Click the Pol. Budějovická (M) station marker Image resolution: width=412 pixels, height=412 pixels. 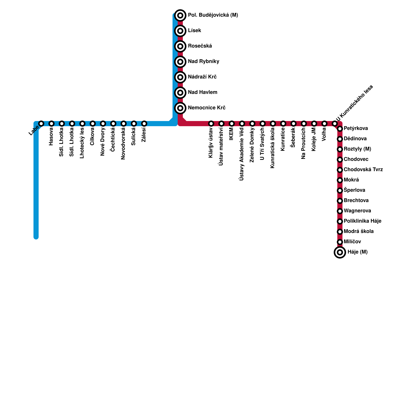point(180,15)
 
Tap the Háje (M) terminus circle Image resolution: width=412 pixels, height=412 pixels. point(340,252)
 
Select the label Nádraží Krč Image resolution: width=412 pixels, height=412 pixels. point(202,77)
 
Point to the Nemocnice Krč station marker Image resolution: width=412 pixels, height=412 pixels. point(180,108)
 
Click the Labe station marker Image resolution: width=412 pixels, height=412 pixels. point(41,124)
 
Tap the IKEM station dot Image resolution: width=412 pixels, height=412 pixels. point(232,124)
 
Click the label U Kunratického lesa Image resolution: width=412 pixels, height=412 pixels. point(355,103)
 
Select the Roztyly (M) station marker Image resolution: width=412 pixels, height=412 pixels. point(340,149)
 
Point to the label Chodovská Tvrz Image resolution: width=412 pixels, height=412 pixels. point(363,170)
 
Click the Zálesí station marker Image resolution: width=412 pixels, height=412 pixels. point(144,124)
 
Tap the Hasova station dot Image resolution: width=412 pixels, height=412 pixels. point(51,124)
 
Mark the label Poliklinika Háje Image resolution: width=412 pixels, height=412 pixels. point(362,221)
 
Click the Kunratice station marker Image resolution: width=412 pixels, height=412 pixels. point(283,124)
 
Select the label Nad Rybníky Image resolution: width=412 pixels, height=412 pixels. point(203,62)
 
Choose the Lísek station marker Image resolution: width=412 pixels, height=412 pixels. point(180,31)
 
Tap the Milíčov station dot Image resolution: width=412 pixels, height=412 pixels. point(340,242)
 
